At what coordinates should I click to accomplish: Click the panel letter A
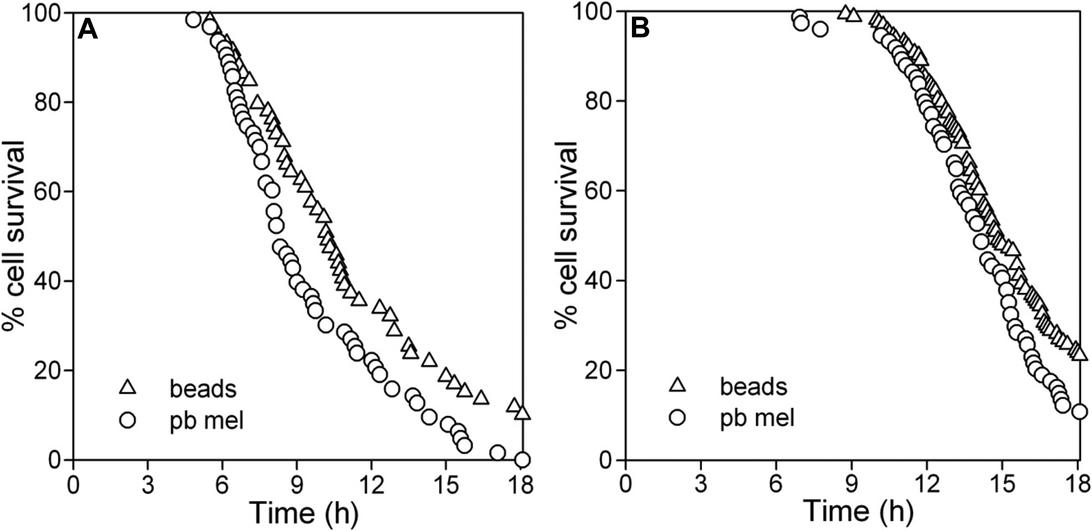(88, 30)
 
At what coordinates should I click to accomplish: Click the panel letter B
(640, 29)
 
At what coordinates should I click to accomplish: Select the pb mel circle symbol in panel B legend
(678, 418)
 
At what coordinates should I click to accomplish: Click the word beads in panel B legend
(754, 387)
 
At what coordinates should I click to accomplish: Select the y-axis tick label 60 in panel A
(46, 191)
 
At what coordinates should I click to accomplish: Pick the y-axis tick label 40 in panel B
(598, 281)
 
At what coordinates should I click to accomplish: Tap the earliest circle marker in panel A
(193, 20)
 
